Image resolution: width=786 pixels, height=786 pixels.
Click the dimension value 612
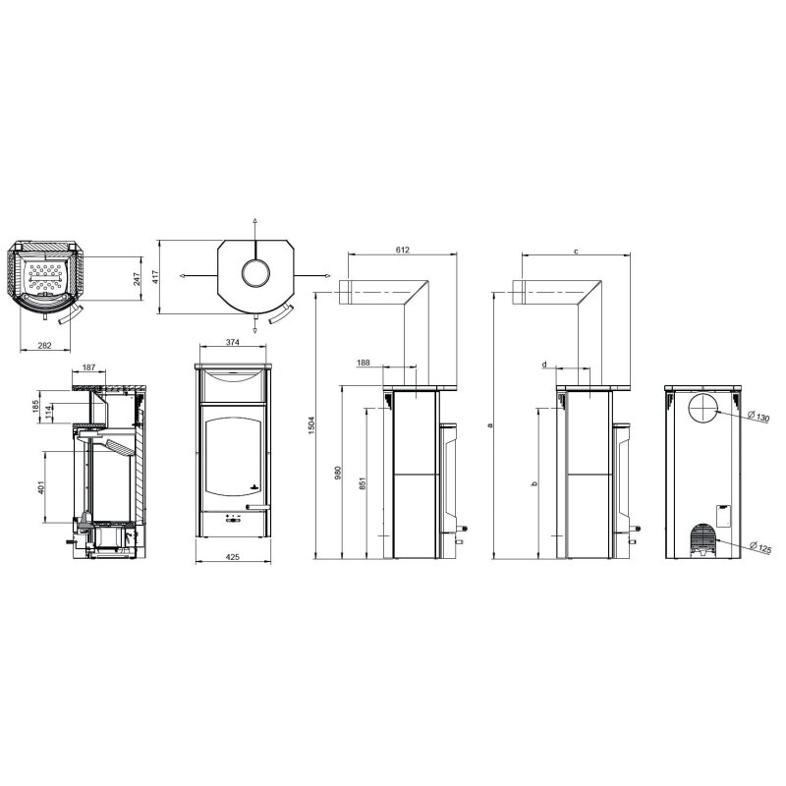pos(402,251)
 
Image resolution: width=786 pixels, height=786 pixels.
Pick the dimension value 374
pos(232,344)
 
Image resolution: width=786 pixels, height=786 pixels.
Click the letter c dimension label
pos(575,253)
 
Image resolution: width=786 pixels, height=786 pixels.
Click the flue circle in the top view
pos(254,271)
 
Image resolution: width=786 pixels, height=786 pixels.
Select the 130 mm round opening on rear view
pos(703,410)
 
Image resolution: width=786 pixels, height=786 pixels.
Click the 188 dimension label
pos(364,364)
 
